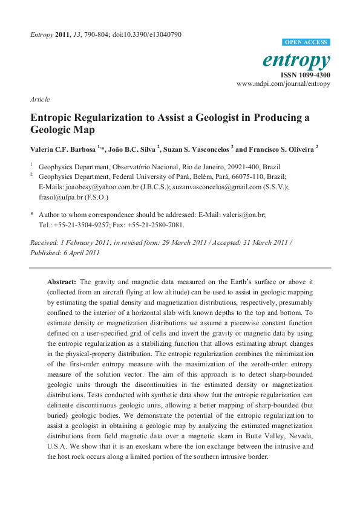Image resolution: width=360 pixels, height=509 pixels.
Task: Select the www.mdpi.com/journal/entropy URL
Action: coord(284,84)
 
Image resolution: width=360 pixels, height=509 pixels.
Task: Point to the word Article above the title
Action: coord(39,99)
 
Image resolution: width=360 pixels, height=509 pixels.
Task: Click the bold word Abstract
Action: coord(62,282)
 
